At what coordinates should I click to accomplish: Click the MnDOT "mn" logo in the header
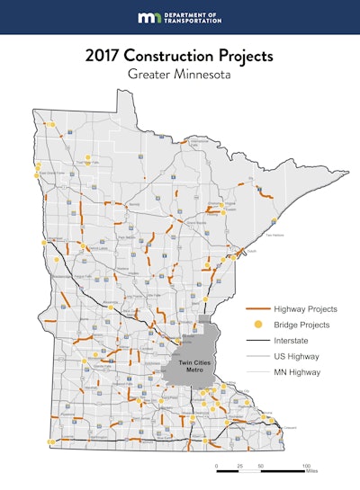point(148,17)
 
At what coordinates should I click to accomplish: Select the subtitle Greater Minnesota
point(180,75)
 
